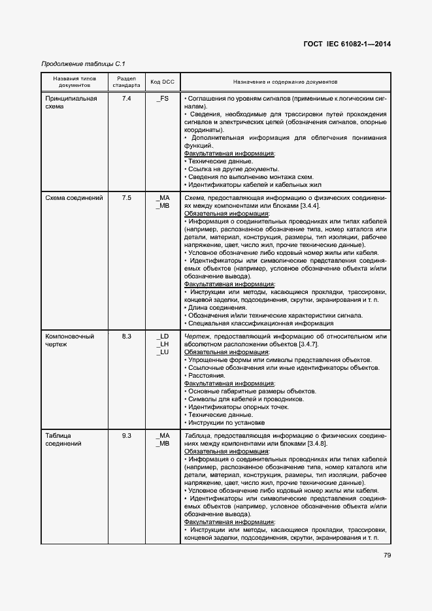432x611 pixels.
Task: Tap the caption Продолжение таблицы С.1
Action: click(x=83, y=63)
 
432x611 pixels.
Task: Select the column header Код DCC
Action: click(x=163, y=82)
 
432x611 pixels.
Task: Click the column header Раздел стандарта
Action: click(x=126, y=82)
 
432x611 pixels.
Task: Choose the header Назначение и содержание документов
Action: click(x=285, y=82)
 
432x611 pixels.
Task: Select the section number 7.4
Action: click(x=127, y=98)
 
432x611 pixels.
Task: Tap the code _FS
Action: click(x=163, y=98)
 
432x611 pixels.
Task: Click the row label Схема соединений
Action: click(x=74, y=197)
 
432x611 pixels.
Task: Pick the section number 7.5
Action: click(x=127, y=197)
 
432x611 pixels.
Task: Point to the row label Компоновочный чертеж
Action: click(x=69, y=340)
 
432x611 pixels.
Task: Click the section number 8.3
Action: click(x=127, y=336)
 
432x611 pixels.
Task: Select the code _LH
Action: click(x=163, y=344)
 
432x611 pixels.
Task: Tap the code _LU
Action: click(x=163, y=352)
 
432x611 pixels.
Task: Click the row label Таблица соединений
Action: click(x=63, y=439)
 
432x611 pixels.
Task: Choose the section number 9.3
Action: click(x=127, y=435)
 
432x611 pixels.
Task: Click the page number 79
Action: click(x=387, y=555)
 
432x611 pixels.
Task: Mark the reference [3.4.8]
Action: click(x=314, y=443)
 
